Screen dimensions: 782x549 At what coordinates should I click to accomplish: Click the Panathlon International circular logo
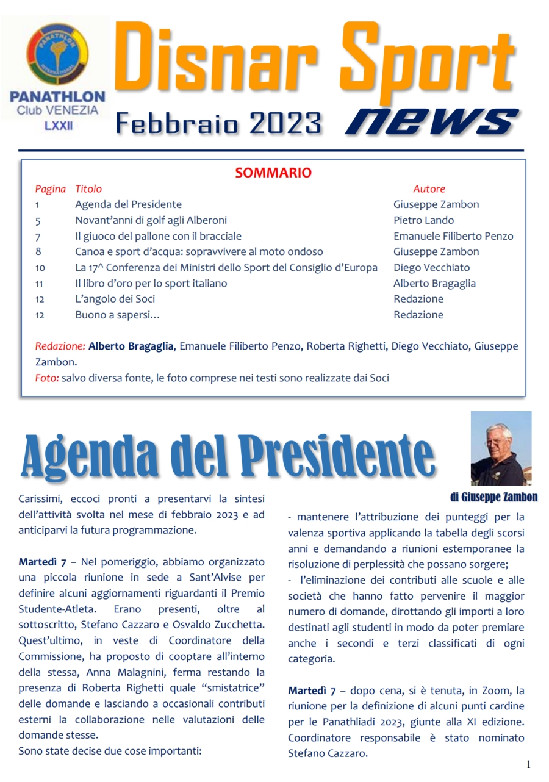pos(57,54)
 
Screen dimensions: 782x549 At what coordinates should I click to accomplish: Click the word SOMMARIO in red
pos(273,173)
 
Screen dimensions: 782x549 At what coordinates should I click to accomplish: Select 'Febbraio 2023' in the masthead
pos(218,124)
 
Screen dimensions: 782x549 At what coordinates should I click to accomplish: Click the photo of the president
pos(501,448)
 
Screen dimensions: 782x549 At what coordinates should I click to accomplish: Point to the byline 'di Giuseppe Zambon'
pos(493,497)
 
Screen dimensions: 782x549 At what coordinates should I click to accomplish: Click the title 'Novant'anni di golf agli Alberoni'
pos(151,220)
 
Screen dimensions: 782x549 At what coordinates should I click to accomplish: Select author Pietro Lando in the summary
pos(423,220)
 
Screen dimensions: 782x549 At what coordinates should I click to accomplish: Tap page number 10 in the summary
pos(40,268)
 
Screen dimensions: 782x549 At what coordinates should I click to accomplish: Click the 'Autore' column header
pos(429,189)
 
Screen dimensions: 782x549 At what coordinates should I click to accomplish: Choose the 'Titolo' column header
pos(88,189)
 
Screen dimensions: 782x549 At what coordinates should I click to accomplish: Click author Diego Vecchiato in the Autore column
pos(431,268)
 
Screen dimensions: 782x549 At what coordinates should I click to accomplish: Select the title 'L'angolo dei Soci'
pos(115,299)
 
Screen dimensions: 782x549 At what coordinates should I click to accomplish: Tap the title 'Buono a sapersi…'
pos(117,315)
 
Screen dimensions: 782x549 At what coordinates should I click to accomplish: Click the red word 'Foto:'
pos(47,378)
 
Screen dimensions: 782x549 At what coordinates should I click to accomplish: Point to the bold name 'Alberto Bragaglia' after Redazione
pos(132,346)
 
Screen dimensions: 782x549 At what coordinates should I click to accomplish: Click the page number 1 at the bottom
pos(528,764)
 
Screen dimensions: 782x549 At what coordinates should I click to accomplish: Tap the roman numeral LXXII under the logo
pos(57,126)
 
